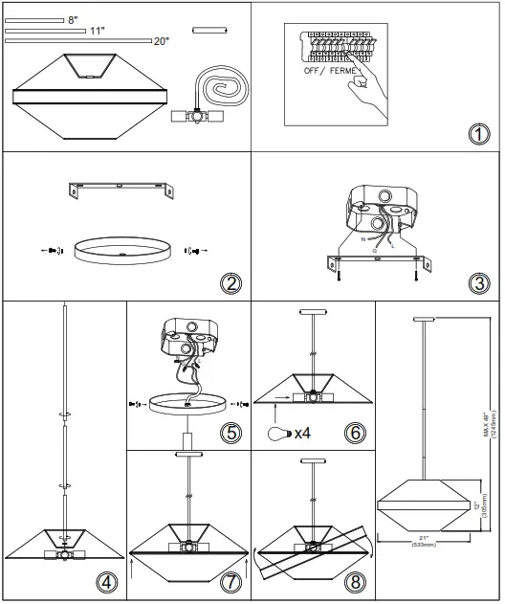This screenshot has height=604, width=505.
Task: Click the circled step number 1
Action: pos(478,133)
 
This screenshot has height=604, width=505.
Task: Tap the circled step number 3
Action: pos(478,283)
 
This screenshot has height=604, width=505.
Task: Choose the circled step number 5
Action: pos(231,433)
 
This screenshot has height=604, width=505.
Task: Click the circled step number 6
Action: pos(354,433)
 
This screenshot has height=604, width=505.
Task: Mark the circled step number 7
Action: pos(231,582)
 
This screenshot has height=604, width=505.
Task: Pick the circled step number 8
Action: pos(354,582)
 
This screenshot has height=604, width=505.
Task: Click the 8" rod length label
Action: pos(75,19)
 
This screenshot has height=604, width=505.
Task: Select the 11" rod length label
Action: pos(97,31)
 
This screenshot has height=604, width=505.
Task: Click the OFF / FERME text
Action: pos(330,72)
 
